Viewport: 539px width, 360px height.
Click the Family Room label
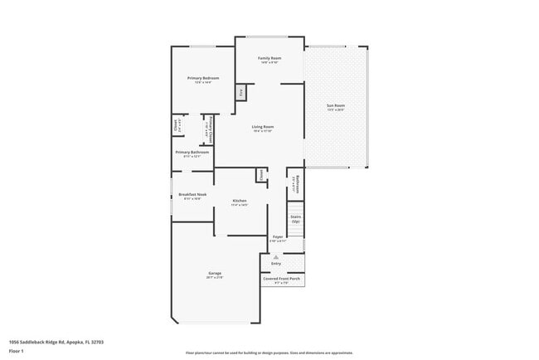(x=269, y=58)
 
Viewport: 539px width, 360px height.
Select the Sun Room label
(x=336, y=106)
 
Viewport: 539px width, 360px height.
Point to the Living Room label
(x=263, y=127)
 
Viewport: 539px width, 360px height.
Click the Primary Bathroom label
(x=192, y=153)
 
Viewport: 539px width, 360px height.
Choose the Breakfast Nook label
(x=192, y=195)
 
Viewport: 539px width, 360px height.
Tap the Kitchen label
(x=240, y=202)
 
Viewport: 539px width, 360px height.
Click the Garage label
(x=214, y=274)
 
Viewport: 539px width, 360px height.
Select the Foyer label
(x=278, y=237)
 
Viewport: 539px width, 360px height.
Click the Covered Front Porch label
(x=282, y=280)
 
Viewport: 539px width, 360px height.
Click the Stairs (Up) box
(x=295, y=219)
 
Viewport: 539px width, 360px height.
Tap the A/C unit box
(x=240, y=92)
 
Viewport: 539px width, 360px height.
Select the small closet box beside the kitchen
(x=260, y=175)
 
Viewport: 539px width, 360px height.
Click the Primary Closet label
(x=211, y=129)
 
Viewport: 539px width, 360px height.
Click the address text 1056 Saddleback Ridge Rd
(x=56, y=341)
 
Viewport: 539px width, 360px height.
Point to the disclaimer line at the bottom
(x=269, y=353)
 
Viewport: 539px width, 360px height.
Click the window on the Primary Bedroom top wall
(x=202, y=46)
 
